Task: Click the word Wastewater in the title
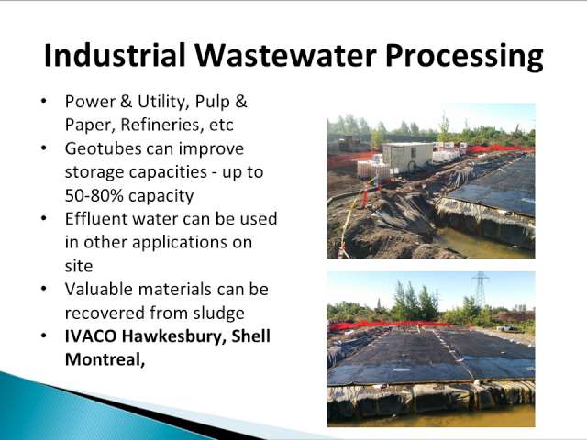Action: tap(285, 55)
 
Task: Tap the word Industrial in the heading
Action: tap(115, 55)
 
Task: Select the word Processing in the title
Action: tap(464, 57)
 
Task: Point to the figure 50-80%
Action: tap(94, 195)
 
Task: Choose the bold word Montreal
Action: tap(105, 359)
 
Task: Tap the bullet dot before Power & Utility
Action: tap(44, 101)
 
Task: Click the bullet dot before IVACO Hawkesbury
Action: tap(44, 335)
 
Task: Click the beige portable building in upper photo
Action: tap(407, 157)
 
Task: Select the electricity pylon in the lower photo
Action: tap(481, 290)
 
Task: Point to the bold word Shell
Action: tap(250, 336)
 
